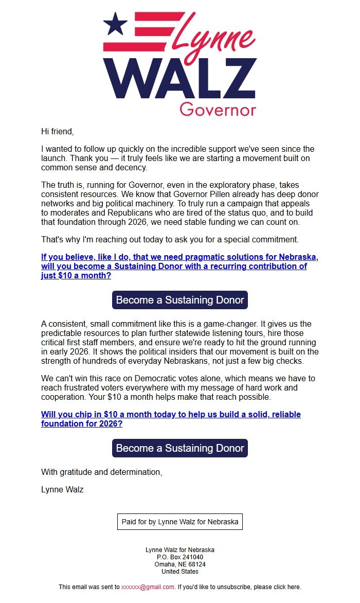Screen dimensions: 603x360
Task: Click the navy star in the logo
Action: [x=115, y=24]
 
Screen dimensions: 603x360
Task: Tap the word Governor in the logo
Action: [x=218, y=109]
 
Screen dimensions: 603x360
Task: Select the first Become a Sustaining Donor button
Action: [x=180, y=300]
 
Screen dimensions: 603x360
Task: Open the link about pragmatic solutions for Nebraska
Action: [x=179, y=267]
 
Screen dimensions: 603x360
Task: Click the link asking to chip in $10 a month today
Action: [x=171, y=419]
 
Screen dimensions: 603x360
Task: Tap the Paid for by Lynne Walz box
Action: [x=180, y=522]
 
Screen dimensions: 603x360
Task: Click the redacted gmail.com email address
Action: [x=148, y=587]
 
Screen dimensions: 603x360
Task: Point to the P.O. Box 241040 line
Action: [x=180, y=557]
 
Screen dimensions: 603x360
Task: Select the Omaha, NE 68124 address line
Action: [x=180, y=564]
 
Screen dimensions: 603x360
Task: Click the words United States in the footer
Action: [x=180, y=572]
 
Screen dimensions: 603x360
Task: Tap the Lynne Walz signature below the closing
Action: [x=62, y=489]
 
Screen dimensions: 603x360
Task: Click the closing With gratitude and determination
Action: [x=101, y=472]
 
